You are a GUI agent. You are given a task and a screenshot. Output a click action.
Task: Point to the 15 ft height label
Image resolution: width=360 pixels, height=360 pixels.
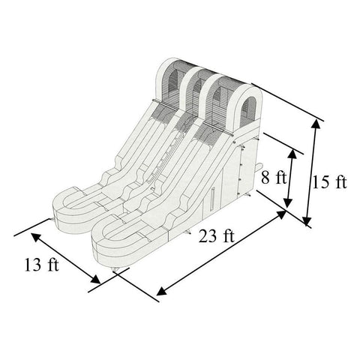pyautogui.click(x=331, y=182)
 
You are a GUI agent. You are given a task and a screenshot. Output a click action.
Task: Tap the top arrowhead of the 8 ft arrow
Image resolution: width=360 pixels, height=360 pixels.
pyautogui.click(x=295, y=153)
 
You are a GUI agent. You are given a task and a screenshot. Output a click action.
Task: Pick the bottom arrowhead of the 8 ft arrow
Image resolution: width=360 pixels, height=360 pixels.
pyautogui.click(x=288, y=205)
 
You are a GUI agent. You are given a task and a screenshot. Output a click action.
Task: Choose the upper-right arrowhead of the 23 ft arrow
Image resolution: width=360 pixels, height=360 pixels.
pyautogui.click(x=283, y=214)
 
